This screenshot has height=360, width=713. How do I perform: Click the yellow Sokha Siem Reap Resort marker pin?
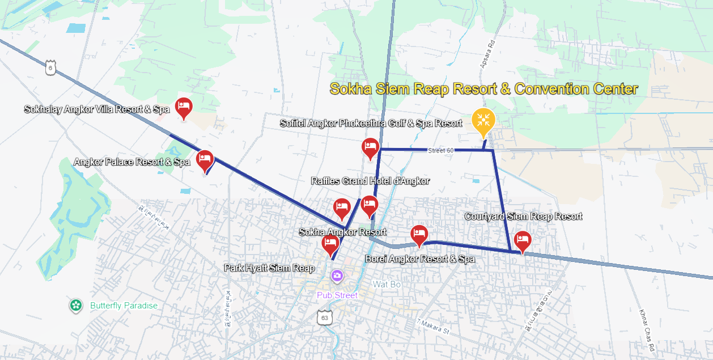483,121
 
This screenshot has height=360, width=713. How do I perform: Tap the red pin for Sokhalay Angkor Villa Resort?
183,107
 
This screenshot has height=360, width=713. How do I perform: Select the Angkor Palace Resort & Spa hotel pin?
205,159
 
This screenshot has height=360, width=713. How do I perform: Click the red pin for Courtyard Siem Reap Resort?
522,240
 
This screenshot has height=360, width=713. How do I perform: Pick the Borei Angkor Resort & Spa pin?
419,234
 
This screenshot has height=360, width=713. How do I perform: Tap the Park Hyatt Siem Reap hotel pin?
330,244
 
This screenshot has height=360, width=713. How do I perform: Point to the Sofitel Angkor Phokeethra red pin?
370,147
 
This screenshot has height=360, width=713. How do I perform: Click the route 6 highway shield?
50,67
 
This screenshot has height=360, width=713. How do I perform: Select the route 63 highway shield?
324,317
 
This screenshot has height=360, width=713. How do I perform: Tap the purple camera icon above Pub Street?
337,276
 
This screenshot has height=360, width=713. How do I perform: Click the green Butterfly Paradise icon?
75,306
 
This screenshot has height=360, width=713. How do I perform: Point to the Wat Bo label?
387,284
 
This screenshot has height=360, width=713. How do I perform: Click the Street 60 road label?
441,150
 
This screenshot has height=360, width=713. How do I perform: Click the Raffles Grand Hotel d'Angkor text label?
370,181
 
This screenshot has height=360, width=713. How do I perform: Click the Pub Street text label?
337,295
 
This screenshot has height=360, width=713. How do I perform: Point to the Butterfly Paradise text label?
124,306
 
